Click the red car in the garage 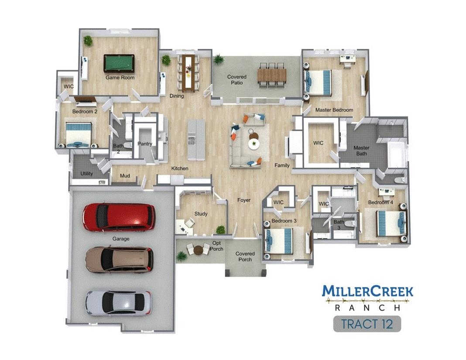(119, 217)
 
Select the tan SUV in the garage (120, 260)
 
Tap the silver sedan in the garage (119, 303)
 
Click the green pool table (119, 63)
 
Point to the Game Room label (120, 78)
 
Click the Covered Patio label (237, 80)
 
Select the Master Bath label (361, 151)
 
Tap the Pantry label (145, 144)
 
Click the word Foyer (244, 200)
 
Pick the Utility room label (86, 174)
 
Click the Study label (201, 214)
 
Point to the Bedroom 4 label (380, 202)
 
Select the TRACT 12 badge (367, 324)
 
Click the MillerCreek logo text (368, 291)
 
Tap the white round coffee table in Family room (254, 144)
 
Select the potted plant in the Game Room (88, 41)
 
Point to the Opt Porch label (216, 246)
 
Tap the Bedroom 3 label (284, 221)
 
